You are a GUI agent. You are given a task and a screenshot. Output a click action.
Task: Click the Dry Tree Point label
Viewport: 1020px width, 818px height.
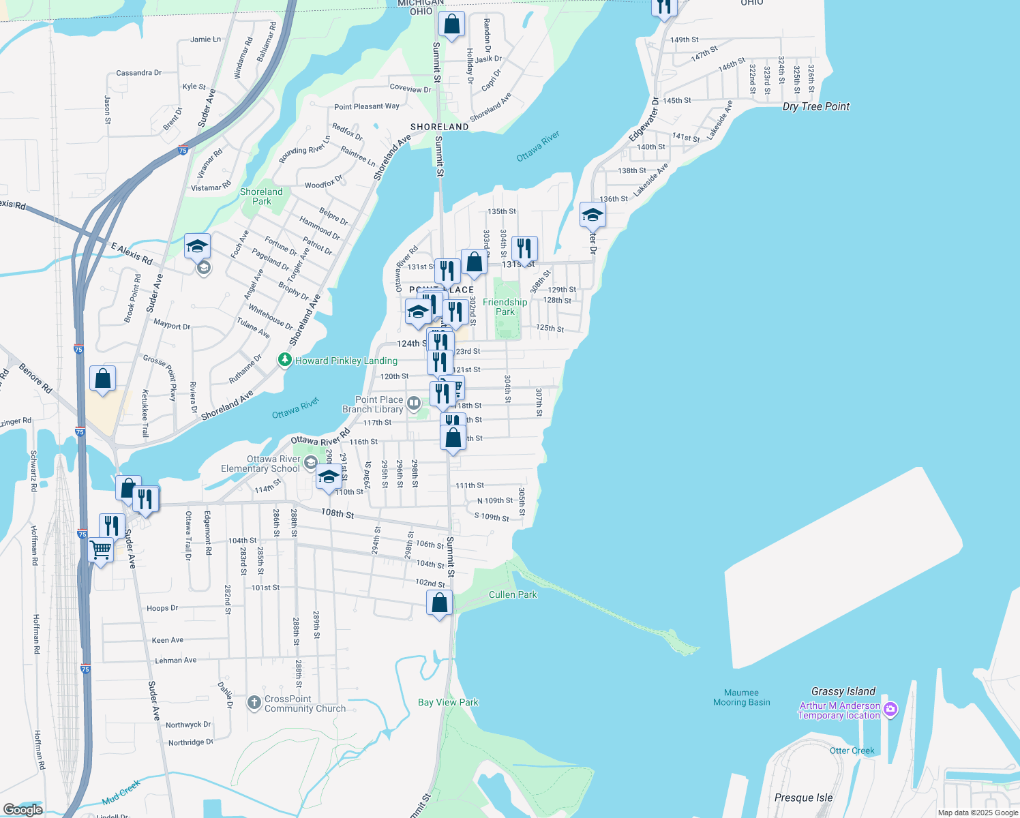pyautogui.click(x=816, y=106)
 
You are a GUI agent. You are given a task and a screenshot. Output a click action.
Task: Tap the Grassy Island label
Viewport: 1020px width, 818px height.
pyautogui.click(x=843, y=691)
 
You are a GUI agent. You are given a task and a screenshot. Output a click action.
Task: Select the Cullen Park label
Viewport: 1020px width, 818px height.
pyautogui.click(x=513, y=594)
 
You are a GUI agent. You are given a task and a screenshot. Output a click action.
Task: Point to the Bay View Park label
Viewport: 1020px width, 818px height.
pyautogui.click(x=448, y=702)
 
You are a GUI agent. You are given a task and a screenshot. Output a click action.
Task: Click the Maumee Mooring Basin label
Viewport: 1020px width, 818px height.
pyautogui.click(x=741, y=697)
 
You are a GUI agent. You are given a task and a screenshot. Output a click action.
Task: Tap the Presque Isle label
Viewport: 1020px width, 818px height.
pyautogui.click(x=803, y=798)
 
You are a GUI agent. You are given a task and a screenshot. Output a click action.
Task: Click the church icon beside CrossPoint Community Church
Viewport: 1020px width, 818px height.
pyautogui.click(x=254, y=703)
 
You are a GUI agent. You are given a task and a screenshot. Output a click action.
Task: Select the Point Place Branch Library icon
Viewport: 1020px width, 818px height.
pyautogui.click(x=413, y=404)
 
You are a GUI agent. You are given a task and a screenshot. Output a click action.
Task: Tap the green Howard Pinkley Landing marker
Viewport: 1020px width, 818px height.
pyautogui.click(x=285, y=360)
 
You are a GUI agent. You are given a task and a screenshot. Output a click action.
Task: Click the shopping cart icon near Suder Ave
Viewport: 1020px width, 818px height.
pyautogui.click(x=101, y=549)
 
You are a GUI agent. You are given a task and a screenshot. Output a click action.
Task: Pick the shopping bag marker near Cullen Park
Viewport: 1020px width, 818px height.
pyautogui.click(x=440, y=603)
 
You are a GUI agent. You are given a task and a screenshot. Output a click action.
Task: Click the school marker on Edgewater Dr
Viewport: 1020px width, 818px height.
pyautogui.click(x=592, y=215)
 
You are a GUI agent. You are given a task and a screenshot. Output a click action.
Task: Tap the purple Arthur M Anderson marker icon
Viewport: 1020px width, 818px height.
pyautogui.click(x=890, y=710)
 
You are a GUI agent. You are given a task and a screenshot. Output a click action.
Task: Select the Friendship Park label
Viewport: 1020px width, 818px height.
pyautogui.click(x=505, y=307)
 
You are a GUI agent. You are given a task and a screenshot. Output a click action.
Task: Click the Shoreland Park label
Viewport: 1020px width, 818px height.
pyautogui.click(x=261, y=196)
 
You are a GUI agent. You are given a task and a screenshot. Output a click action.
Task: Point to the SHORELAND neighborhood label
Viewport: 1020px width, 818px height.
pyautogui.click(x=440, y=127)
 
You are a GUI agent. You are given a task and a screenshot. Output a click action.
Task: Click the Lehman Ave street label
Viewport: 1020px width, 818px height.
pyautogui.click(x=175, y=660)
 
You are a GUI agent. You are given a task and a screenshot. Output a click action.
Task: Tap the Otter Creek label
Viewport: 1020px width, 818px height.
pyautogui.click(x=852, y=751)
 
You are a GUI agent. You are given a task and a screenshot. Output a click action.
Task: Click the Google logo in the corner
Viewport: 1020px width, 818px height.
pyautogui.click(x=23, y=809)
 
